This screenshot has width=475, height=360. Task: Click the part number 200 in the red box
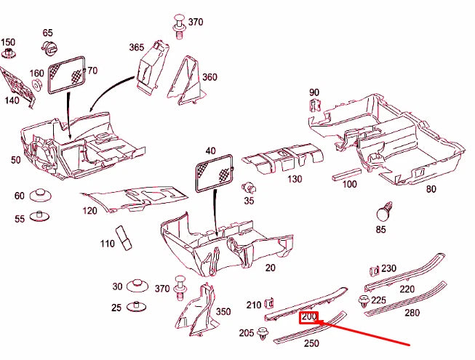(310, 317)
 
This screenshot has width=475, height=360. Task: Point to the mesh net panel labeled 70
(67, 73)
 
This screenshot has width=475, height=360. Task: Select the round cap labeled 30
(137, 286)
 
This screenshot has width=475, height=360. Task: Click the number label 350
(223, 311)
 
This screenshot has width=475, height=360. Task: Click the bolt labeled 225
(362, 300)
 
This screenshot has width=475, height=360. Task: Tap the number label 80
(431, 189)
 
